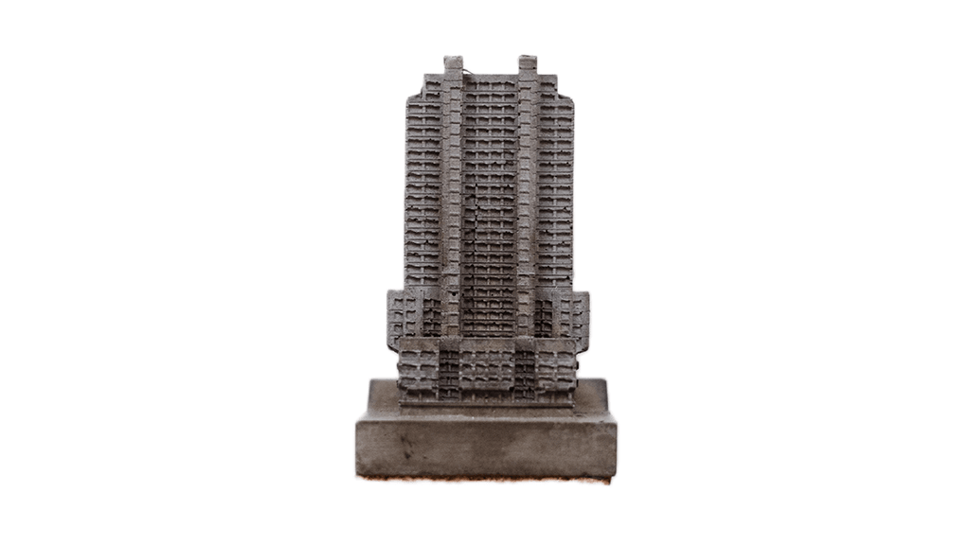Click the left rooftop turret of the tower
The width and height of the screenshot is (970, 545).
point(454,65)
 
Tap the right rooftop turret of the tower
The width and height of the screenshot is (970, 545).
point(528,65)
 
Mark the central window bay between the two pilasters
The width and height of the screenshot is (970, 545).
point(490,208)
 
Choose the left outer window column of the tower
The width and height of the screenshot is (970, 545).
point(423,189)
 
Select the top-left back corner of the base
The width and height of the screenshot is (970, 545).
point(371,381)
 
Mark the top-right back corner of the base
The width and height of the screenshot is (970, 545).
point(603,380)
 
